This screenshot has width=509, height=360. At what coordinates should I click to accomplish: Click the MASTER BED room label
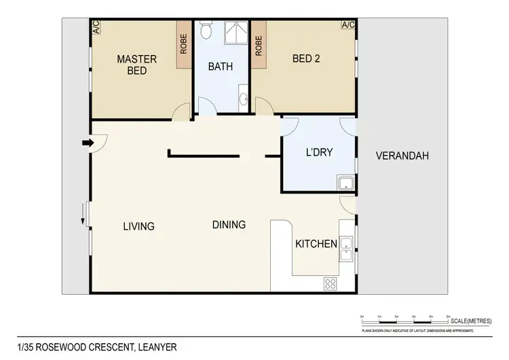pyautogui.click(x=136, y=65)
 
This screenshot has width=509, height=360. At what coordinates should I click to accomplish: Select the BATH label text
pyautogui.click(x=221, y=67)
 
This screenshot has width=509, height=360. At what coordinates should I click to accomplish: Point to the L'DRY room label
pyautogui.click(x=319, y=152)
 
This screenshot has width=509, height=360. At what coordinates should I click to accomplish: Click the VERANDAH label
pyautogui.click(x=402, y=156)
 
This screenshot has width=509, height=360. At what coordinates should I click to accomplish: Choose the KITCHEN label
pyautogui.click(x=316, y=243)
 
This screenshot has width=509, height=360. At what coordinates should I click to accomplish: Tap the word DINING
pyautogui.click(x=229, y=225)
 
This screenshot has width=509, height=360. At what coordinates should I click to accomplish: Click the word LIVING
pyautogui.click(x=138, y=226)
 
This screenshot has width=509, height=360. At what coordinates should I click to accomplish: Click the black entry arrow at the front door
pyautogui.click(x=86, y=143)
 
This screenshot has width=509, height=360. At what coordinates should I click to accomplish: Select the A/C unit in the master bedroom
pyautogui.click(x=96, y=27)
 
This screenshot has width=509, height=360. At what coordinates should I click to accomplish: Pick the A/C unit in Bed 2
pyautogui.click(x=348, y=25)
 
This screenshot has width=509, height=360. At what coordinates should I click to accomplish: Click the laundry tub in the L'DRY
pyautogui.click(x=345, y=182)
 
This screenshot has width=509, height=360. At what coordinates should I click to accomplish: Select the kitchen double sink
pyautogui.click(x=346, y=249)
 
